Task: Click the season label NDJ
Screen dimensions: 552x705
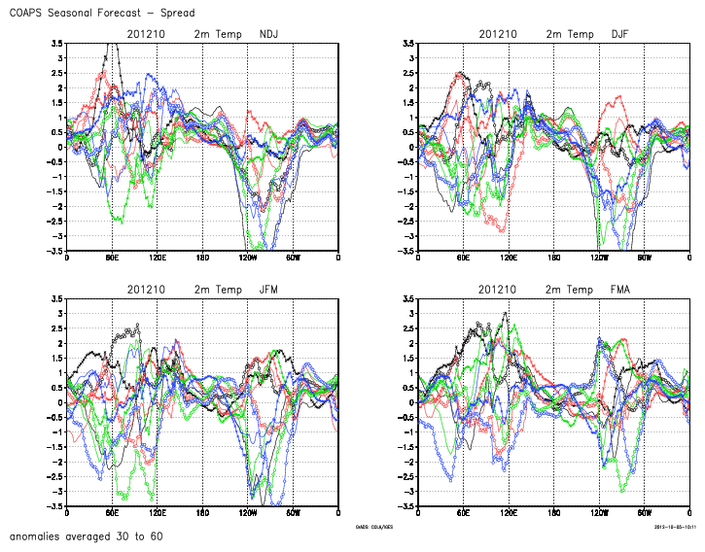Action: point(269,34)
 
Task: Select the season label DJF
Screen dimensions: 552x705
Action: point(619,34)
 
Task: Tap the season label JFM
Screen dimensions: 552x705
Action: point(269,290)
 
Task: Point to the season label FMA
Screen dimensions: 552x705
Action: point(619,290)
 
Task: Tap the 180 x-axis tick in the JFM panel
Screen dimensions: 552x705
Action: point(202,512)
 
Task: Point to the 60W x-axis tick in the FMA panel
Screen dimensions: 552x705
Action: point(644,512)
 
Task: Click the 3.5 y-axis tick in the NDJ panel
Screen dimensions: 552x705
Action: point(57,43)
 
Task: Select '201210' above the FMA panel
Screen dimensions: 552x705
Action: point(497,290)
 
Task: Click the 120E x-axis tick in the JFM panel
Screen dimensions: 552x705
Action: point(157,512)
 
